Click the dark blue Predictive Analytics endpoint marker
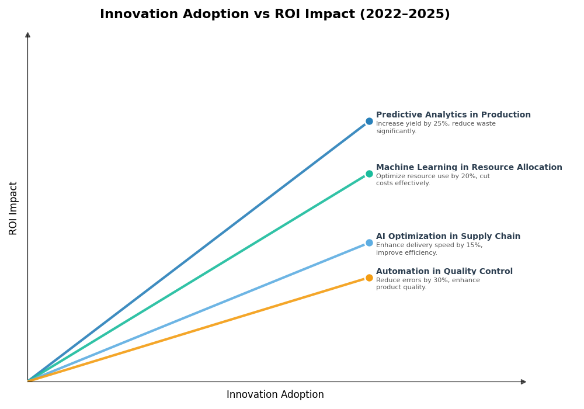pos(369,122)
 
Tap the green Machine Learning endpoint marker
pos(369,174)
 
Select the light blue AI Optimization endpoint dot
pos(369,242)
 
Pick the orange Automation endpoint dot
pos(369,278)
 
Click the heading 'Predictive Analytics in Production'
pos(453,115)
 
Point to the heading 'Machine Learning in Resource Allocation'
pos(469,168)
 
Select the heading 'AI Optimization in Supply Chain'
pos(448,237)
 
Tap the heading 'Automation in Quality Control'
pos(444,272)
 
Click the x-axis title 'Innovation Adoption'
pos(275,395)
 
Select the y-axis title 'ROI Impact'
pos(13,208)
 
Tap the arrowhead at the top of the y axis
pos(27,35)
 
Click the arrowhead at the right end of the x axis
pos(523,382)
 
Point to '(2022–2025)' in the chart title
pos(405,15)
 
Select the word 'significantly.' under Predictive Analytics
pos(396,131)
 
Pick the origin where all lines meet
pos(28,381)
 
